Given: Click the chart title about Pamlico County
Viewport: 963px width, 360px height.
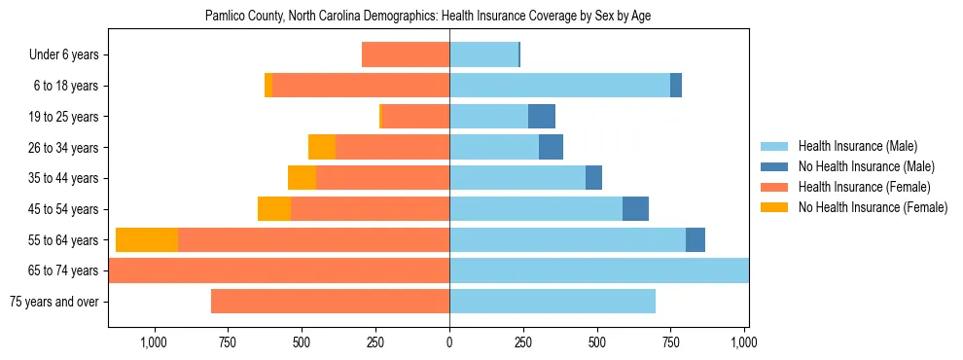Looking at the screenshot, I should (x=435, y=17).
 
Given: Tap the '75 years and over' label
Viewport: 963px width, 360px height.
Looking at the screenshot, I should (x=54, y=302).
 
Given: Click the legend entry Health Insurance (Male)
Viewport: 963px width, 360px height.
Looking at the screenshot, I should (x=857, y=146).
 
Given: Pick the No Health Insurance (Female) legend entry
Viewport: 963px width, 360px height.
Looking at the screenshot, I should (x=873, y=207).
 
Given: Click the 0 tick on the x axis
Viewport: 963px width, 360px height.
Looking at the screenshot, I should (x=449, y=342).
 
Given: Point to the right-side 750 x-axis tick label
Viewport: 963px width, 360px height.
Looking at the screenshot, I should (x=671, y=342).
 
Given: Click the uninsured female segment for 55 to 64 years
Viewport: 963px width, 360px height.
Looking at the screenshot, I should (x=147, y=240).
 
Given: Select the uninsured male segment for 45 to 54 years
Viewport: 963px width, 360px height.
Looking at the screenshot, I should (x=635, y=209).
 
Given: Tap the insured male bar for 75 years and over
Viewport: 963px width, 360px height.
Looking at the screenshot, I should (x=553, y=302).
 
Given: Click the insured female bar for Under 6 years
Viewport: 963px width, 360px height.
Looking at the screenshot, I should (x=406, y=55).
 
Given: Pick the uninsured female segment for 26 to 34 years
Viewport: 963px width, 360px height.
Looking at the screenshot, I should (x=322, y=148).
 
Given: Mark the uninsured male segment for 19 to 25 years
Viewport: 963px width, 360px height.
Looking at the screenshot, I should (x=542, y=117).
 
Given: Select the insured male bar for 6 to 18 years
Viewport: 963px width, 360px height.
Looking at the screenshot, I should (x=559, y=86).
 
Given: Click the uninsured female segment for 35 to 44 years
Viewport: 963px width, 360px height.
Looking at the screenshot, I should (x=302, y=178).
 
